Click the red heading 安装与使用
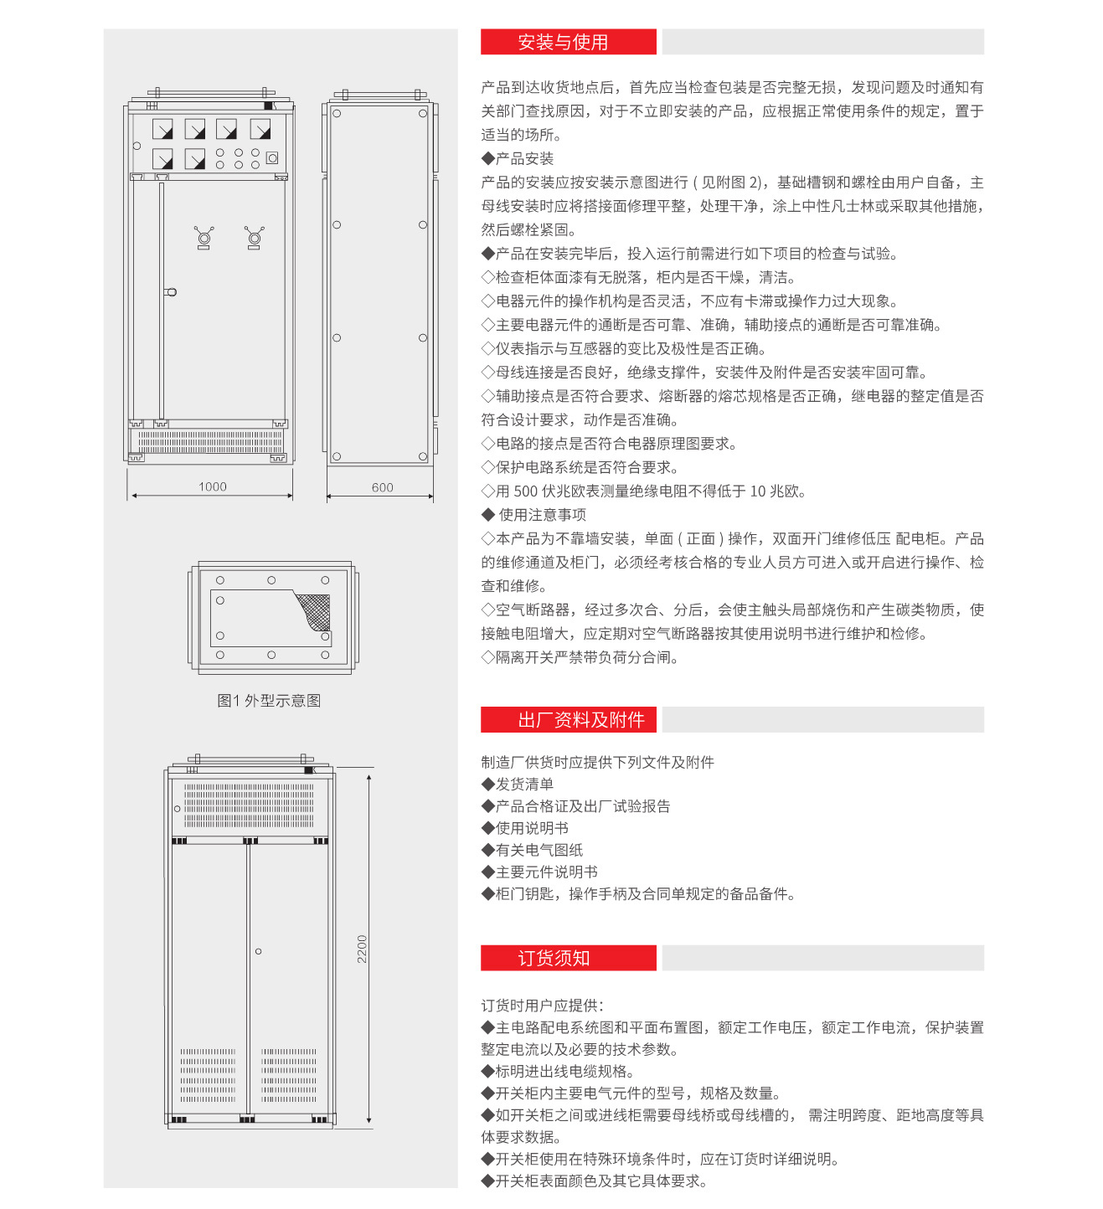click(563, 42)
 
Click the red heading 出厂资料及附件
click(580, 720)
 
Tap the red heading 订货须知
click(554, 959)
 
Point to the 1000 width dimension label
click(213, 486)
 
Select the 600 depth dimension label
click(383, 487)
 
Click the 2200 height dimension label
click(362, 949)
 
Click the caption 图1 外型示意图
click(269, 701)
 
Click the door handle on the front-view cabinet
click(171, 292)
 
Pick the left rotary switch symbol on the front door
click(204, 238)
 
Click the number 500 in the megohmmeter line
click(526, 491)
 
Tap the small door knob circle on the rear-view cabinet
click(259, 951)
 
